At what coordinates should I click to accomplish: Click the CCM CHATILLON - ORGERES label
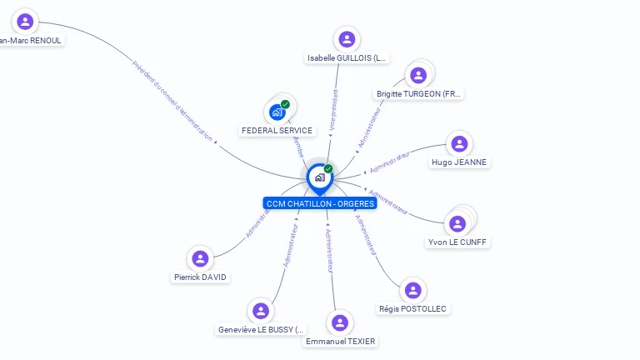(x=320, y=203)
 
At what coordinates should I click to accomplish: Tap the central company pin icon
(x=319, y=177)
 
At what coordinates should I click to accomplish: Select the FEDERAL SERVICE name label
(x=277, y=131)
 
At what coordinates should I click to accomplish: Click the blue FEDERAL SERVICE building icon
(x=277, y=112)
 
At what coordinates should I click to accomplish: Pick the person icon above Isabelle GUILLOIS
(x=347, y=39)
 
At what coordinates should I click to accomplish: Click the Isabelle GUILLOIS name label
(x=347, y=58)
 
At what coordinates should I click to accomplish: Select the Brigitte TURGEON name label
(x=418, y=94)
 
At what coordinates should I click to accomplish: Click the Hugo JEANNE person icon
(x=459, y=144)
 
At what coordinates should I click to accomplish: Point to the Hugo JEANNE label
(x=459, y=162)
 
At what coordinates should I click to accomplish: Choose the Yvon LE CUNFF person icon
(x=457, y=223)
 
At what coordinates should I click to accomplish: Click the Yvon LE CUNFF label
(x=457, y=242)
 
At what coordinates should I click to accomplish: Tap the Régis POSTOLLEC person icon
(x=412, y=291)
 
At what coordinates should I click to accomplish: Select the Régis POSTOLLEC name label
(x=412, y=309)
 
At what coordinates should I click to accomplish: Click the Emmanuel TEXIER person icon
(x=340, y=323)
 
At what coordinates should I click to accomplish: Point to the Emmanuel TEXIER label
(x=340, y=342)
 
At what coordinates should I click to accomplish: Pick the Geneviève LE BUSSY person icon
(x=261, y=311)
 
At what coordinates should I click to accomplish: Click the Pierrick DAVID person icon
(x=199, y=258)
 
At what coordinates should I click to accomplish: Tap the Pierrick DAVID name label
(x=200, y=277)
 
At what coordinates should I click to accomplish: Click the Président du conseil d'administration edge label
(x=172, y=100)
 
